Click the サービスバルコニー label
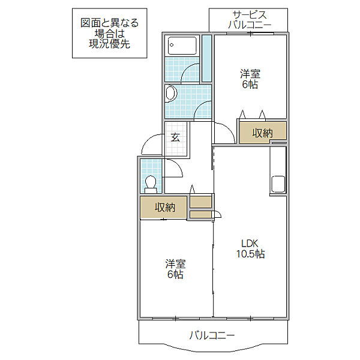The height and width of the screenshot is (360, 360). tap(250, 20)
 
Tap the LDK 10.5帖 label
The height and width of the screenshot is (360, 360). tap(250, 248)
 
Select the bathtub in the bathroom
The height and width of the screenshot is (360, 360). tap(182, 46)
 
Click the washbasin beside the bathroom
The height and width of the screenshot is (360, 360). tap(170, 94)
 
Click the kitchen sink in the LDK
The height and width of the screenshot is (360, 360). tap(278, 184)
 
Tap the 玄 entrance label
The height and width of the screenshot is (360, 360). tap(175, 137)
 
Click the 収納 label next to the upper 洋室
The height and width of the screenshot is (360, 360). tap(262, 133)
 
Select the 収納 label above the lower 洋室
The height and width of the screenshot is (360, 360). tap(164, 208)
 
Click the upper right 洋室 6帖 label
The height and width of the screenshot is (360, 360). tap(250, 79)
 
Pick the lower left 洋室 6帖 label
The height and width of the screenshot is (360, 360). tap(175, 269)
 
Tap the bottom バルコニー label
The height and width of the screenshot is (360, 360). tap(212, 335)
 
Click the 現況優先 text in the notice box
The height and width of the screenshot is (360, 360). tap(110, 44)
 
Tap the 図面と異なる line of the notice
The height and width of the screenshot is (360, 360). tap(110, 23)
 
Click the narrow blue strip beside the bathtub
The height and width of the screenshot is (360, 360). tap(206, 58)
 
